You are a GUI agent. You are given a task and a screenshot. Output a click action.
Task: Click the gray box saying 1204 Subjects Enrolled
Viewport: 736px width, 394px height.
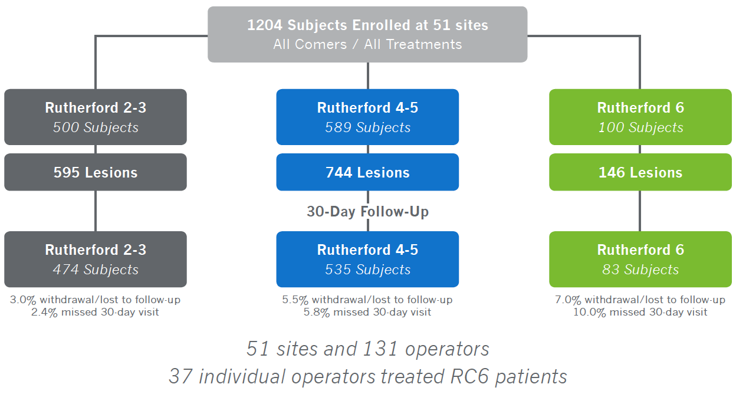pyautogui.click(x=367, y=34)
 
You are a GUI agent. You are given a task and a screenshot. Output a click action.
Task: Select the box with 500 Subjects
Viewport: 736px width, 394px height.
pyautogui.click(x=96, y=117)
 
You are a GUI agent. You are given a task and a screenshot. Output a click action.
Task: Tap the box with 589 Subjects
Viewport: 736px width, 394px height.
pyautogui.click(x=367, y=117)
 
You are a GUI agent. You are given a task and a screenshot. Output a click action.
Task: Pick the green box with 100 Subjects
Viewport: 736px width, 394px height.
pyautogui.click(x=640, y=117)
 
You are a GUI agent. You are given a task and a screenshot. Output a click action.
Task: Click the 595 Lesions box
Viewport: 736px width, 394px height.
pyautogui.click(x=96, y=172)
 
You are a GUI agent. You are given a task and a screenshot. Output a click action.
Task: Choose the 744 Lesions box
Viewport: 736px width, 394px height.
pyautogui.click(x=367, y=172)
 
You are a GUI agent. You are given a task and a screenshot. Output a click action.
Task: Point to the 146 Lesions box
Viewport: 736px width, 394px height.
pyautogui.click(x=640, y=172)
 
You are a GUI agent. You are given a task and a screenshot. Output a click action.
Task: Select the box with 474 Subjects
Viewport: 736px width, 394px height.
pyautogui.click(x=96, y=260)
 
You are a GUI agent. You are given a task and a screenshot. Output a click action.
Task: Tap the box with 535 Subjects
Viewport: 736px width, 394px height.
pyautogui.click(x=367, y=260)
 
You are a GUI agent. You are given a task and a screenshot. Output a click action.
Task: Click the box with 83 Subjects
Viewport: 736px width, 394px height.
pyautogui.click(x=640, y=260)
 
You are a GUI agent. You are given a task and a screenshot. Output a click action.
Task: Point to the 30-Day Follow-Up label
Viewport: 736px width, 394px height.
pyautogui.click(x=367, y=212)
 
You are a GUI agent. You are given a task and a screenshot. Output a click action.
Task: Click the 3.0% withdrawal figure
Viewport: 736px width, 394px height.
pyautogui.click(x=22, y=300)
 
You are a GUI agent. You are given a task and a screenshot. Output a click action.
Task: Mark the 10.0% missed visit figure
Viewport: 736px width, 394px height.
pyautogui.click(x=590, y=312)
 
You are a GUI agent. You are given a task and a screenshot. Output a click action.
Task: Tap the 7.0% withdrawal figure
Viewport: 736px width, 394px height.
pyautogui.click(x=568, y=300)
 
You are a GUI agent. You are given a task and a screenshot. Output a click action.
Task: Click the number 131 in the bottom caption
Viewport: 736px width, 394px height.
pyautogui.click(x=380, y=349)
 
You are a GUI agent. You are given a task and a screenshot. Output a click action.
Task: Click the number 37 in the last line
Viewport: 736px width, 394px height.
pyautogui.click(x=180, y=376)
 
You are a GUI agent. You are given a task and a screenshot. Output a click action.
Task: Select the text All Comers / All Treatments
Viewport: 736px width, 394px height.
pyautogui.click(x=367, y=44)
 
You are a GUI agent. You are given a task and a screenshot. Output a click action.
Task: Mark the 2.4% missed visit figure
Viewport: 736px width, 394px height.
pyautogui.click(x=44, y=312)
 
